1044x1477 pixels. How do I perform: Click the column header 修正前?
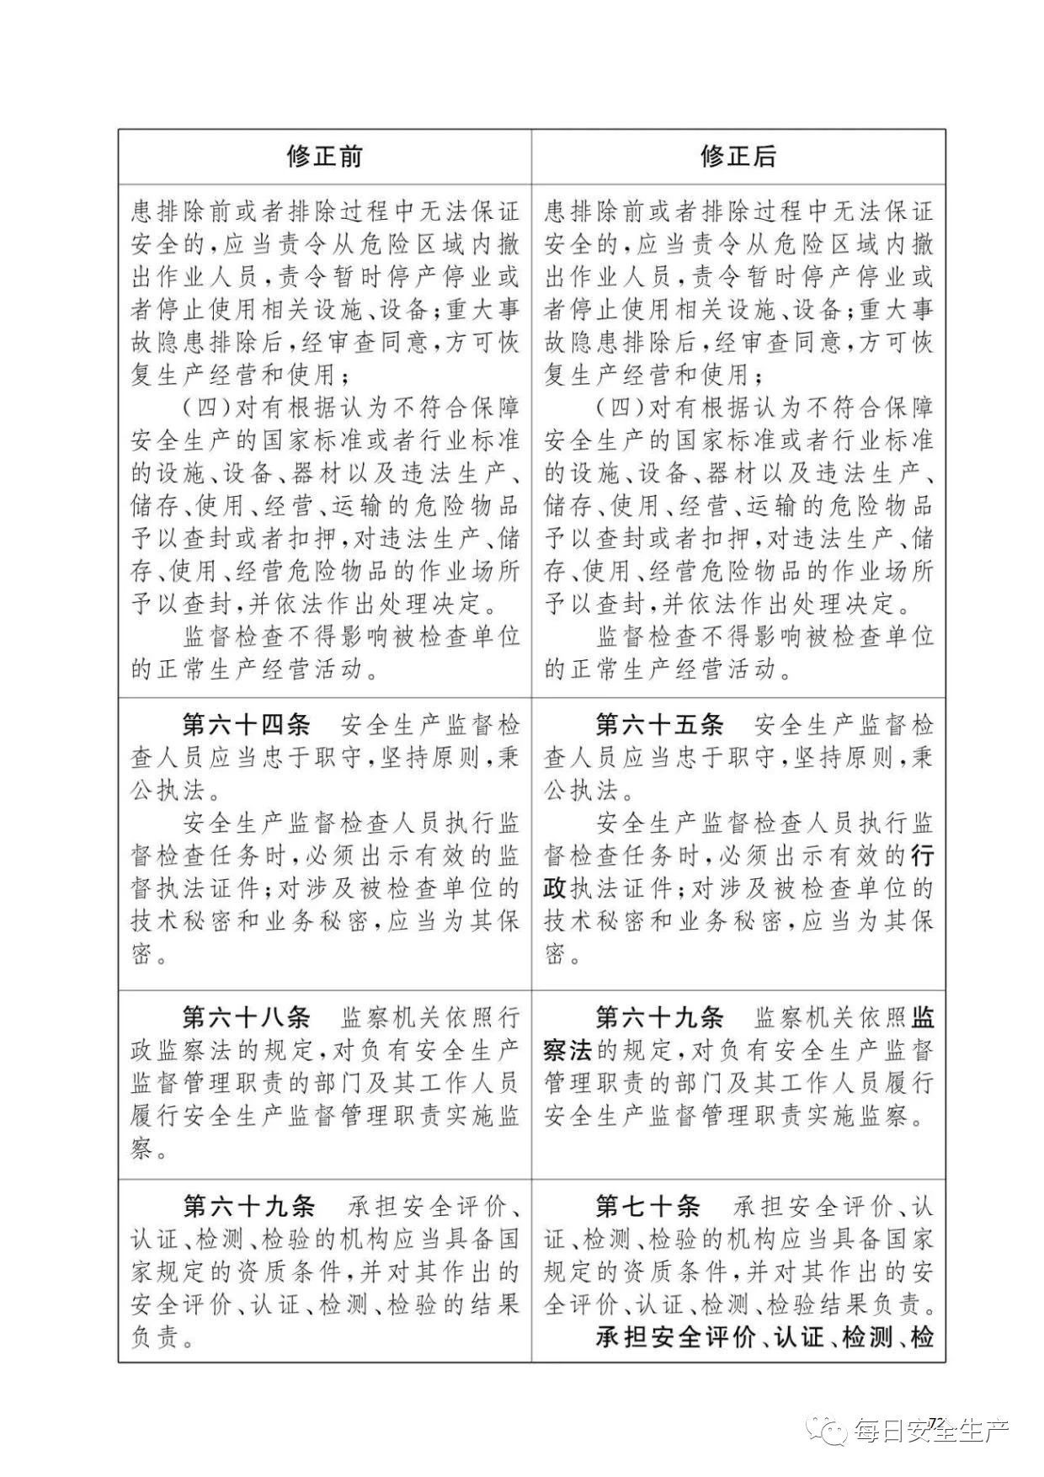pos(324,157)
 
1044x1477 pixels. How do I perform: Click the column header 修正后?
pos(738,157)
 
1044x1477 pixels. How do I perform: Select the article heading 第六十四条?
pos(246,725)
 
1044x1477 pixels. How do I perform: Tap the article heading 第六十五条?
pos(659,725)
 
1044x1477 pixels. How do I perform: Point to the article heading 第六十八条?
pos(246,1017)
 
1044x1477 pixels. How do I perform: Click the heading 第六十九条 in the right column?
pos(659,1017)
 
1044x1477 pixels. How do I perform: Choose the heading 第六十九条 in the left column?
pos(248,1207)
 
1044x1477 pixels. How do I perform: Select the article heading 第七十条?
pos(647,1207)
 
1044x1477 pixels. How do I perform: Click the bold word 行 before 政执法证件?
pos(922,856)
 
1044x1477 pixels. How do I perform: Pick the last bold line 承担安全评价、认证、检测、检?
pos(764,1337)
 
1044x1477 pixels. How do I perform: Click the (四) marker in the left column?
pos(207,408)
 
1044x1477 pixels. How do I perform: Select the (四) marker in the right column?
pos(621,408)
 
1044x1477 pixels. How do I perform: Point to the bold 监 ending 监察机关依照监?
pos(922,1017)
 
